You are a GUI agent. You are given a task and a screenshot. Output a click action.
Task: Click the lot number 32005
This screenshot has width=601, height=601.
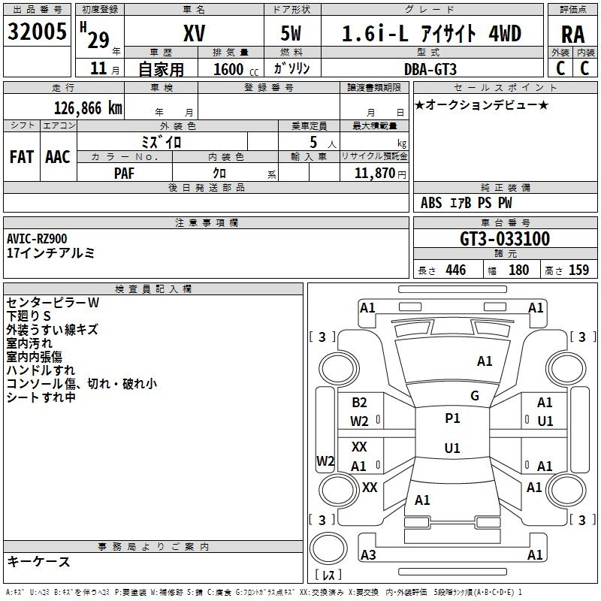pyautogui.click(x=37, y=32)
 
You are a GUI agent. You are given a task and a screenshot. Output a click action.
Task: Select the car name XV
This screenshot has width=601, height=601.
pyautogui.click(x=195, y=33)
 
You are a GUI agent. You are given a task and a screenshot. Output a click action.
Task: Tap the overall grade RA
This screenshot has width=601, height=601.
pyautogui.click(x=573, y=35)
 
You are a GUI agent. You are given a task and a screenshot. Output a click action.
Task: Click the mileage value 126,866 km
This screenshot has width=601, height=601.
pyautogui.click(x=88, y=108)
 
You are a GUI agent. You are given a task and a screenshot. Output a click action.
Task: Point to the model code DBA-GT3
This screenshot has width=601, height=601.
pyautogui.click(x=430, y=69)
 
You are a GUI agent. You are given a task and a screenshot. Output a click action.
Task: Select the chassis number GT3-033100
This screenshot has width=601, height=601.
pyautogui.click(x=505, y=239)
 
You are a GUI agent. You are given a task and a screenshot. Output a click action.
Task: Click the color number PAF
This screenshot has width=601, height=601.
pyautogui.click(x=124, y=174)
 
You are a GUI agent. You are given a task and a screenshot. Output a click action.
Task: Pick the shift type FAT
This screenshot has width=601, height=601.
pyautogui.click(x=22, y=157)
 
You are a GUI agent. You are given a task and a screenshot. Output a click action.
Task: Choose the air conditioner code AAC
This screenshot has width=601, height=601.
pyautogui.click(x=58, y=157)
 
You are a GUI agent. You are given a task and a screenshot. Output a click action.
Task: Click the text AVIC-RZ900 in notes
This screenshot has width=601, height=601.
pyautogui.click(x=37, y=239)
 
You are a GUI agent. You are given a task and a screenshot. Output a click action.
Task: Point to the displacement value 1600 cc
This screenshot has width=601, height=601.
pyautogui.click(x=236, y=70)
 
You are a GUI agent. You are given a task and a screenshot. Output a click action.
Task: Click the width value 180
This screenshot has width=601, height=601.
pyautogui.click(x=518, y=270)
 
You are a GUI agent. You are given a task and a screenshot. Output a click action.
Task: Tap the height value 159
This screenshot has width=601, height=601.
pyautogui.click(x=578, y=270)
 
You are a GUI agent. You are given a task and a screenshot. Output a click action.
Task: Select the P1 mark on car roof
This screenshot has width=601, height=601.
pyautogui.click(x=452, y=418)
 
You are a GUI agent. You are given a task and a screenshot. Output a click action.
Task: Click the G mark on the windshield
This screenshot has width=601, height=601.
pyautogui.click(x=475, y=396)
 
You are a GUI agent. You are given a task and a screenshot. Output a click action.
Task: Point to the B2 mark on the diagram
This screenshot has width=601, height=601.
pyautogui.click(x=359, y=403)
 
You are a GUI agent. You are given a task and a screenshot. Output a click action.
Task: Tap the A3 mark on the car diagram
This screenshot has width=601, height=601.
pyautogui.click(x=368, y=554)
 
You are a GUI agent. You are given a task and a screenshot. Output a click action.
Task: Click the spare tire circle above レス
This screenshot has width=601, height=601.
pyautogui.click(x=328, y=548)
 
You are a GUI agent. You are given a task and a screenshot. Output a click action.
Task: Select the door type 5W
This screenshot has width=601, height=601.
pyautogui.click(x=291, y=33)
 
